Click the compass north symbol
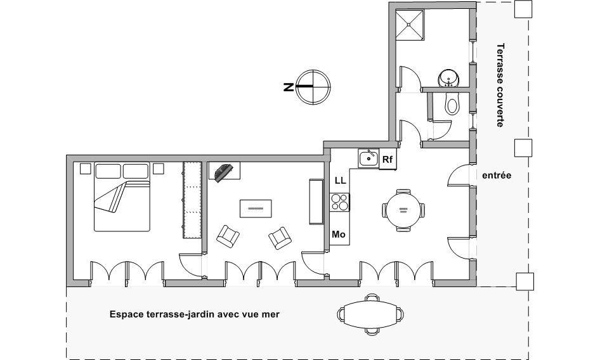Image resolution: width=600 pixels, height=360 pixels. click(314, 87)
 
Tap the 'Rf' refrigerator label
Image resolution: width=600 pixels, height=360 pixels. click(388, 160)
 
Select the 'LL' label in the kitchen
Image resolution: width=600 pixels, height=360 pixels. click(340, 180)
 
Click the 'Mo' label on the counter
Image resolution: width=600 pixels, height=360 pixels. click(338, 234)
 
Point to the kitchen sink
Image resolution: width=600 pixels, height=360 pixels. click(368, 158)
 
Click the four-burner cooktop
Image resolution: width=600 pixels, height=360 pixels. click(340, 202)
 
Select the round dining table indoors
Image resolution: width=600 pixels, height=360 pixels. click(403, 210)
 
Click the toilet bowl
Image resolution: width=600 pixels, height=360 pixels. click(452, 103)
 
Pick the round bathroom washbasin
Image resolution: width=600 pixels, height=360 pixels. click(448, 79)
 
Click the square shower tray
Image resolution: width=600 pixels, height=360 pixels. click(410, 25)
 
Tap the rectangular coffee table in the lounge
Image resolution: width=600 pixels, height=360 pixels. click(256, 209)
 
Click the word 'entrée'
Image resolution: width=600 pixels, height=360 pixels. click(497, 176)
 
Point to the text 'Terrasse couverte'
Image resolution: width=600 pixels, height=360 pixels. click(500, 85)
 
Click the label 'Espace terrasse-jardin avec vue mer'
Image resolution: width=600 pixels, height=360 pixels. click(194, 314)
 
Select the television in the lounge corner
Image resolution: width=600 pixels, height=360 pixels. click(225, 172)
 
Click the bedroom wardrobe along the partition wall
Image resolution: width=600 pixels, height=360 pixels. click(192, 200)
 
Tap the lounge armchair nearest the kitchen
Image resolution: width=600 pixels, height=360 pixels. click(280, 238)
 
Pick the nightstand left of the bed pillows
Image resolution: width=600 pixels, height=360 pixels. click(86, 169)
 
